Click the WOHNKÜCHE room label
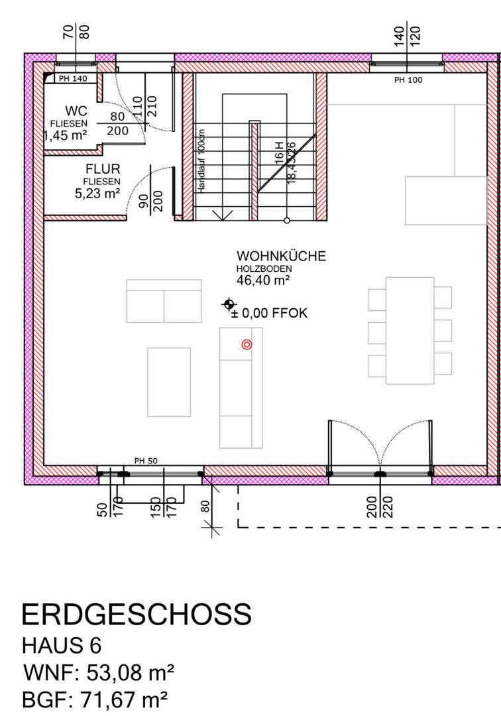(x=281, y=256)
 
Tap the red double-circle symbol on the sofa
(x=247, y=345)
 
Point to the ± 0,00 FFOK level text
(x=270, y=313)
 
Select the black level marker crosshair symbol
(x=229, y=304)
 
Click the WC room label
(x=76, y=111)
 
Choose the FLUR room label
(x=103, y=169)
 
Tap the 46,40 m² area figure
(x=263, y=280)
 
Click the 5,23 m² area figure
(x=97, y=194)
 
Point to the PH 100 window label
(x=408, y=80)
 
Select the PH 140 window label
(x=73, y=78)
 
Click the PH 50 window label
(x=146, y=461)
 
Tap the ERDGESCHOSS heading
(x=137, y=614)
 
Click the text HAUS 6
(x=62, y=646)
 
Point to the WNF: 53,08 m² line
(x=99, y=673)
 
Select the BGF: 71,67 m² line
(x=95, y=699)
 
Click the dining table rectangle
(x=410, y=331)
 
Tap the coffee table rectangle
(x=169, y=383)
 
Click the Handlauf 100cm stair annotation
(x=202, y=160)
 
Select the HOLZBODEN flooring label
(x=264, y=269)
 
